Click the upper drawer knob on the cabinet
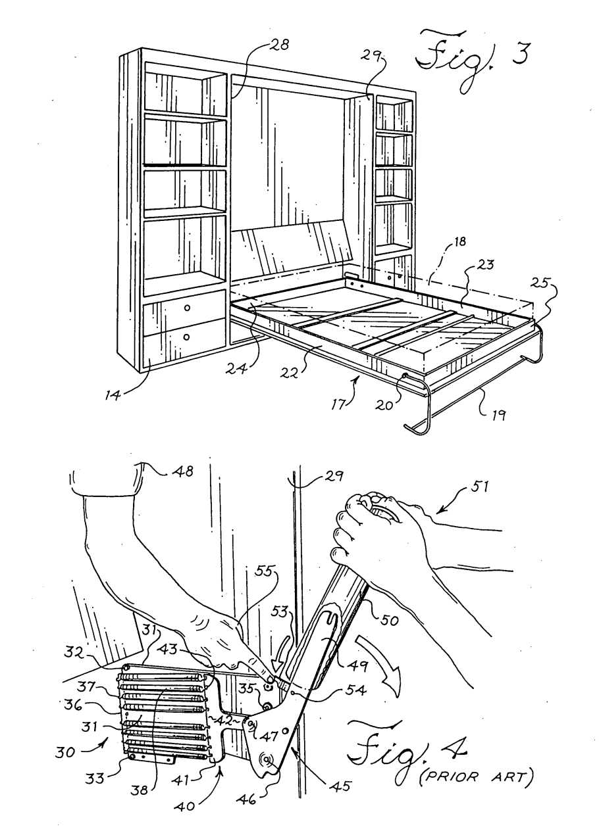(188, 308)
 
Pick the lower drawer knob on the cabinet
(188, 337)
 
